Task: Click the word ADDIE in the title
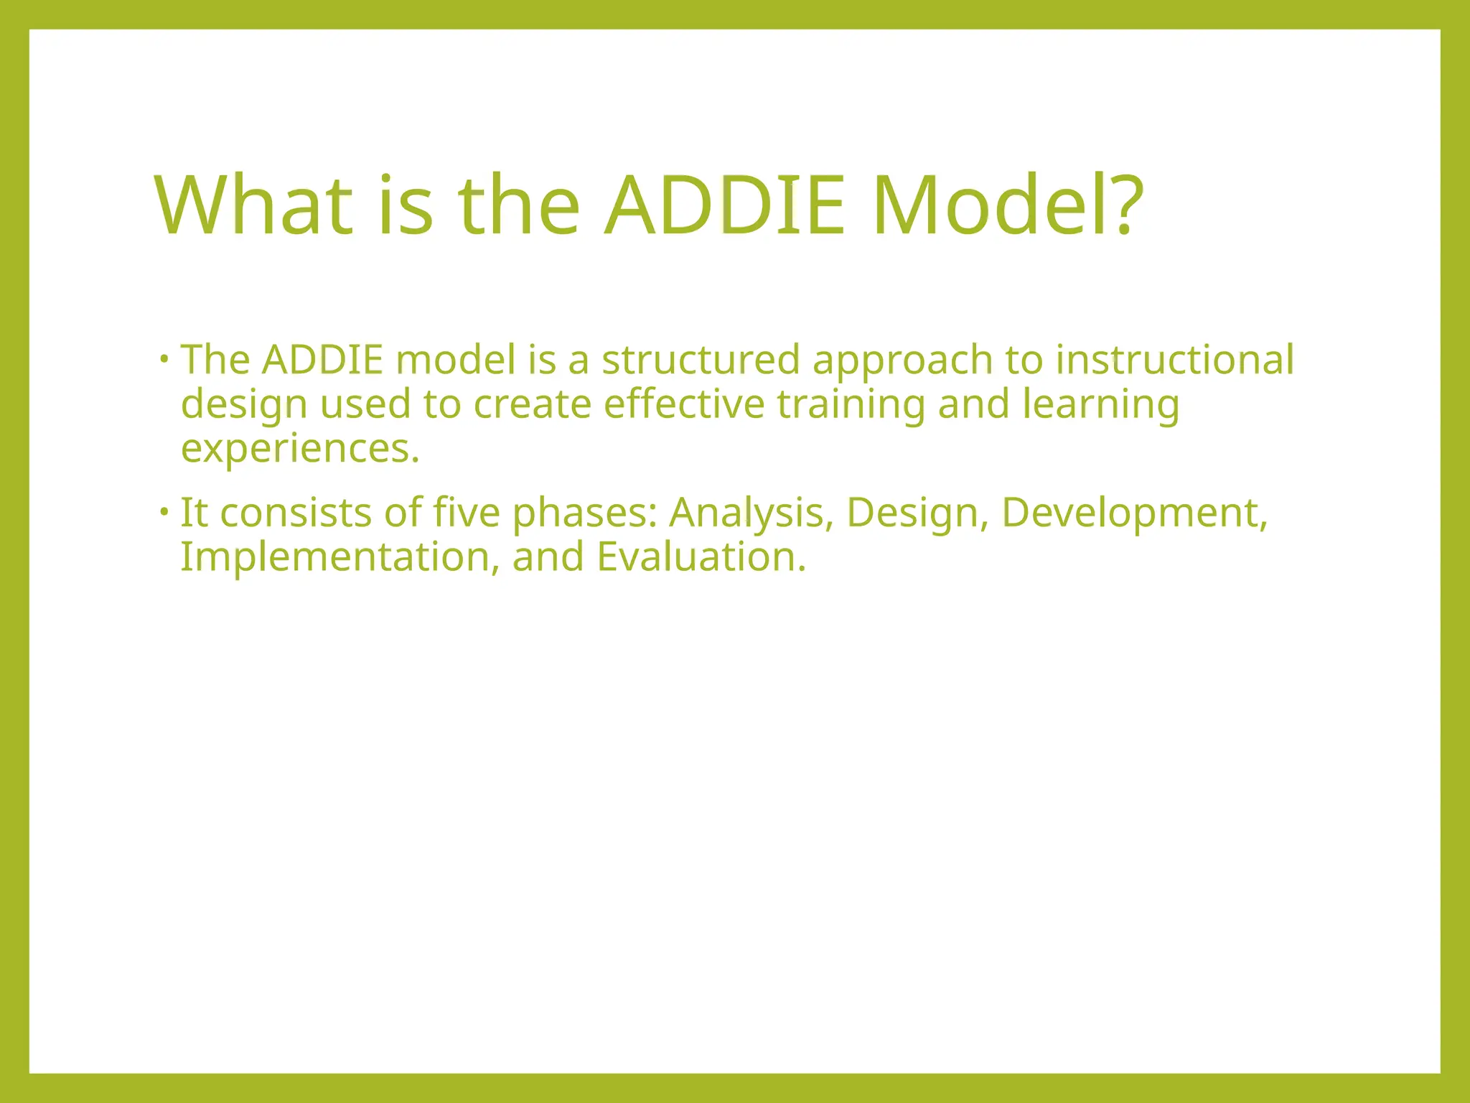[725, 206]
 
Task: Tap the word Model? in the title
[1007, 206]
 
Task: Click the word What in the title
[253, 206]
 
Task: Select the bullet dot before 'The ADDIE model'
[164, 358]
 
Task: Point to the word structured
[700, 360]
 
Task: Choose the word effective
[683, 404]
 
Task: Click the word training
[851, 405]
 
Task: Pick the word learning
[1100, 405]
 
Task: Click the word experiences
[299, 450]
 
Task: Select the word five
[467, 513]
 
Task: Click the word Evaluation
[701, 557]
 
